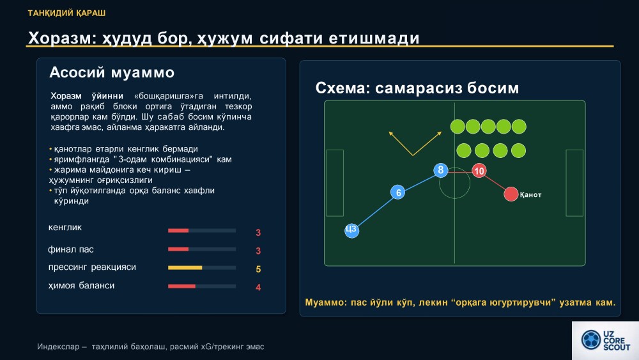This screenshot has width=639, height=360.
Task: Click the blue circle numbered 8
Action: [440, 170]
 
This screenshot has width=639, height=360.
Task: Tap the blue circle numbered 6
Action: [397, 192]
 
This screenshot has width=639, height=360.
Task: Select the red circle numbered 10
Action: [479, 171]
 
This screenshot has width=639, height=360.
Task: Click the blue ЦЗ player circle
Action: [351, 230]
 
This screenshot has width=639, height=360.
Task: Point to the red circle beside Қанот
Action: [511, 194]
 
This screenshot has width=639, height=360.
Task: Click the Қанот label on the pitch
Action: [530, 195]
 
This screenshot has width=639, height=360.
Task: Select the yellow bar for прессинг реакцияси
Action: [185, 268]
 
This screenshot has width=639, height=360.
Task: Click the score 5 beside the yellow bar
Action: [258, 269]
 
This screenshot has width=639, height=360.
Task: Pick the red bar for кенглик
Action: [178, 231]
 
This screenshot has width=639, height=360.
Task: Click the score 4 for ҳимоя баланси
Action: [258, 288]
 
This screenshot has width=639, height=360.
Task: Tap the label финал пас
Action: [71, 249]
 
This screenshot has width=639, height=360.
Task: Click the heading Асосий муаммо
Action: [112, 72]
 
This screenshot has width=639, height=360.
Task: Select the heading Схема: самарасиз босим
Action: [417, 88]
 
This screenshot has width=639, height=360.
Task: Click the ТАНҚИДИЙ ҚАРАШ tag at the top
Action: [67, 13]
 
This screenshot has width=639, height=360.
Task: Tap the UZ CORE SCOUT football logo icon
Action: [590, 340]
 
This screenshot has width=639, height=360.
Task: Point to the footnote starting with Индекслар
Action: [150, 347]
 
